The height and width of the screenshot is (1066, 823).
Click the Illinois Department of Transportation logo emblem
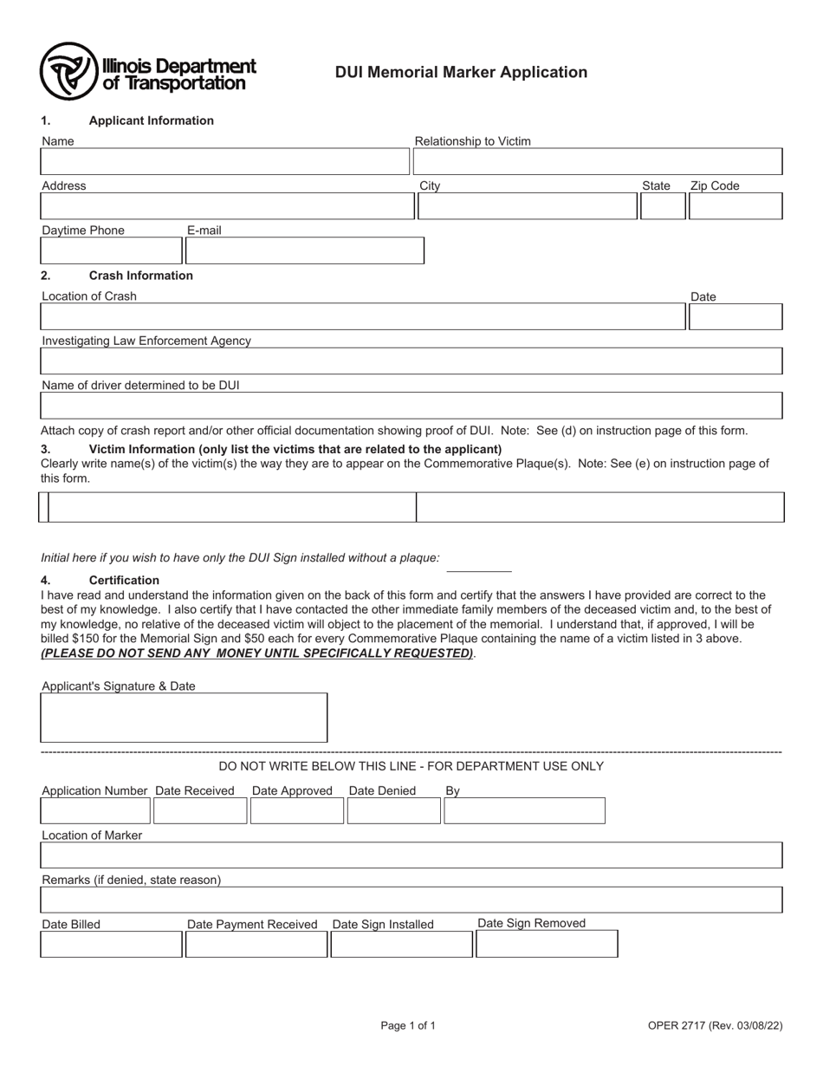68,72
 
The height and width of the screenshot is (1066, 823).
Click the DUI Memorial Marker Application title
461,73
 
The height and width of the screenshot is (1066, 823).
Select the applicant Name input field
224,162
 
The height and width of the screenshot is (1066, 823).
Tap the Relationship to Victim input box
598,162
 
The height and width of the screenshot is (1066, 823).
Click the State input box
662,206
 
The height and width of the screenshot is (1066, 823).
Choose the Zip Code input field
736,206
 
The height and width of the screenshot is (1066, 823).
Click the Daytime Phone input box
111,250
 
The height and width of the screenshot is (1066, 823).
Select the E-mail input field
305,250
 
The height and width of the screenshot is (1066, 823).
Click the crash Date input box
736,317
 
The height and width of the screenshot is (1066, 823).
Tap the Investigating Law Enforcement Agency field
411,361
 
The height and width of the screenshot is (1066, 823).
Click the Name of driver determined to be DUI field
411,406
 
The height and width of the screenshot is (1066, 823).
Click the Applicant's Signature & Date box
185,718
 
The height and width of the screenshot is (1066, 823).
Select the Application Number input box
95,811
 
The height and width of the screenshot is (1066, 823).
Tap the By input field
524,811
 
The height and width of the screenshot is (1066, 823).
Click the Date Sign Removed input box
547,944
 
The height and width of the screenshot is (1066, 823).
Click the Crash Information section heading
140,276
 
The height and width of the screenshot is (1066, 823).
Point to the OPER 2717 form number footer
715,1026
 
